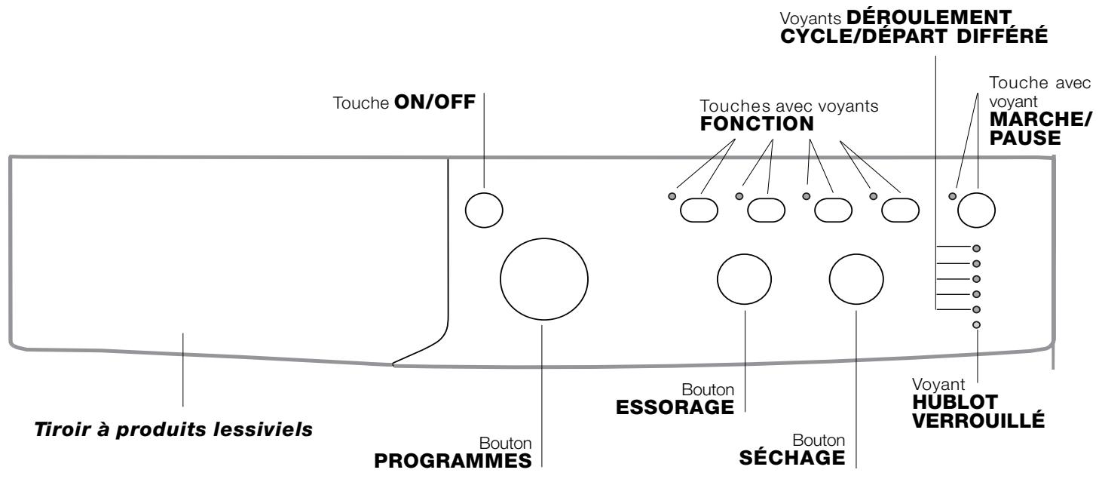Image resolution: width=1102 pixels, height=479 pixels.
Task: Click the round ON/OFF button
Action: click(484, 210)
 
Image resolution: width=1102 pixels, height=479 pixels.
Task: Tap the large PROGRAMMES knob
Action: click(544, 279)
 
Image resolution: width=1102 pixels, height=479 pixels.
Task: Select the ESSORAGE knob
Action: click(745, 279)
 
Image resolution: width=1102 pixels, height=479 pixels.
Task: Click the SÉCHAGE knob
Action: click(856, 279)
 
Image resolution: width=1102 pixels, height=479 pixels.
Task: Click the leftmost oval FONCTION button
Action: click(699, 210)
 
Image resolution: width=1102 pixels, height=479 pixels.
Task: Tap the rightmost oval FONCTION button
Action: click(900, 210)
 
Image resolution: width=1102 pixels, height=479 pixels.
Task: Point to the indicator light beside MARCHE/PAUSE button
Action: click(953, 196)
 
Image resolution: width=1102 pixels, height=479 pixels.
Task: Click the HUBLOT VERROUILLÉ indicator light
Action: click(977, 325)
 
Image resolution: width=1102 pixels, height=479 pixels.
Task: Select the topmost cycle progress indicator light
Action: click(977, 249)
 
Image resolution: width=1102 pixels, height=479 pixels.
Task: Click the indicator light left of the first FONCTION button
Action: click(672, 196)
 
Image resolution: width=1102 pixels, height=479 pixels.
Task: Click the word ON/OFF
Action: click(435, 102)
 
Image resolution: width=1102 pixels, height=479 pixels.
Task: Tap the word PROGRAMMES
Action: click(453, 461)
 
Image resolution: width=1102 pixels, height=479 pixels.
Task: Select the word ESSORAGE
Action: click(675, 407)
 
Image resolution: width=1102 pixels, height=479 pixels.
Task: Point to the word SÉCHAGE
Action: click(792, 457)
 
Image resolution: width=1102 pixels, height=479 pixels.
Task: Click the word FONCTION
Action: click(757, 124)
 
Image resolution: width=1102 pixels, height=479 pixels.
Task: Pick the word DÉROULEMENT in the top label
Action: click(929, 17)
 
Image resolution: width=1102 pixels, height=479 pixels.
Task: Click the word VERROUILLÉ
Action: click(978, 420)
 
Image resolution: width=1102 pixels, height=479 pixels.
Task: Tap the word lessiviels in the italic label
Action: click(263, 429)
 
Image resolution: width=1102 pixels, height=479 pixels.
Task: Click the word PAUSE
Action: click(1025, 138)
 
